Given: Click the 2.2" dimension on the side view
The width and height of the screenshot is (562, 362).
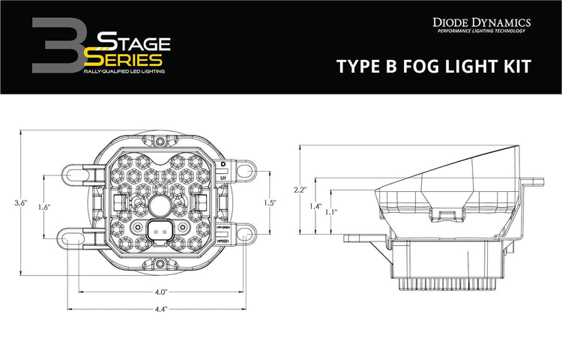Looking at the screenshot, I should (299, 190).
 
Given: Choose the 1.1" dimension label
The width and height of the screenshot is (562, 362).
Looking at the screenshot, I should (330, 213).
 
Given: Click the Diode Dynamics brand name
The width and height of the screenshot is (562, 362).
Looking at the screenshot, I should (482, 22).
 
